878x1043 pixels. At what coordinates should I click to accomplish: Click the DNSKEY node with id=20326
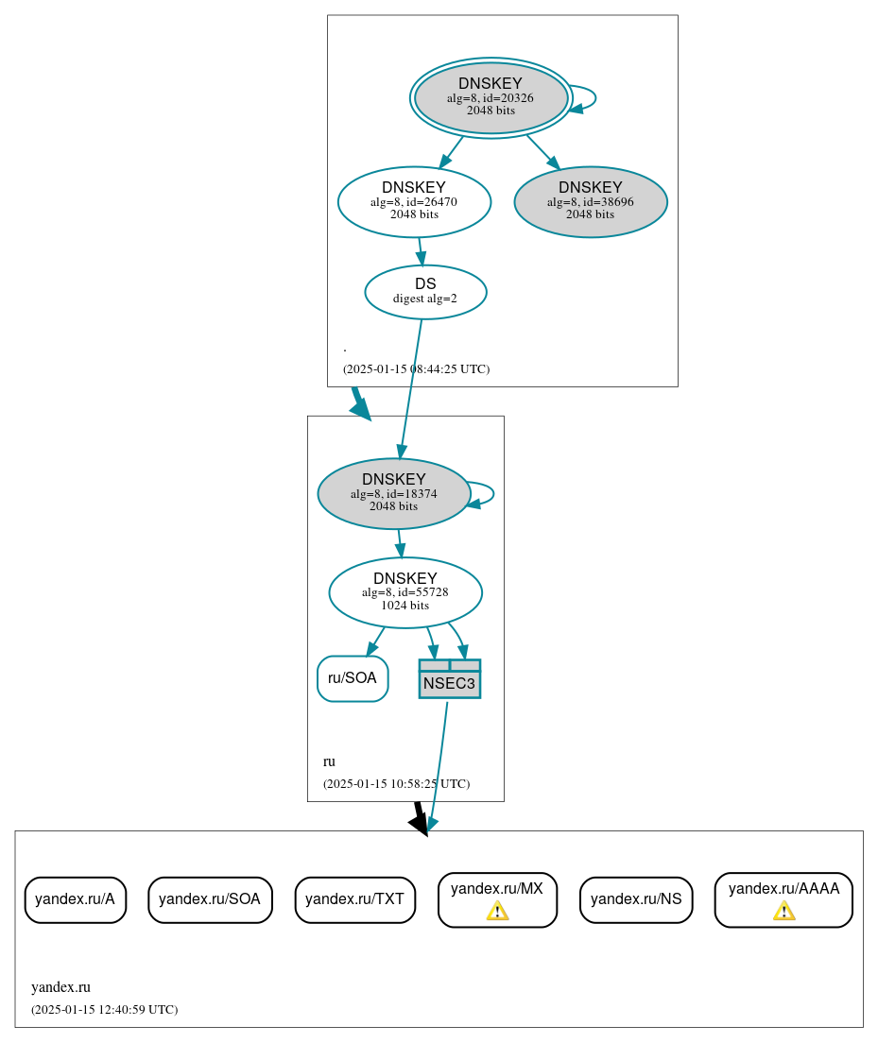point(491,97)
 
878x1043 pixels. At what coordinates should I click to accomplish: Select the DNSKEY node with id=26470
point(414,201)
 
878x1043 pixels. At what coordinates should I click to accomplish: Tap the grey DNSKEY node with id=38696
point(591,201)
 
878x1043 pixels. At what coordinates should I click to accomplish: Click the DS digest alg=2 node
point(425,291)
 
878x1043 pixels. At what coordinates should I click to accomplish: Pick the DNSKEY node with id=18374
point(394,493)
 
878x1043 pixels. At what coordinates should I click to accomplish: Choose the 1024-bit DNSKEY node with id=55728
point(405,592)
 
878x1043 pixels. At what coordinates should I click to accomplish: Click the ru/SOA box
point(353,678)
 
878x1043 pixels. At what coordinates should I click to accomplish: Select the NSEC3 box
point(450,679)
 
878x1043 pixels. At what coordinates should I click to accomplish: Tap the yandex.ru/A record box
point(75,899)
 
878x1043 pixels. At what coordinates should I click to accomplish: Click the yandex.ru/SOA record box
point(210,899)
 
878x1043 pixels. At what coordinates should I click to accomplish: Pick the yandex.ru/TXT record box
point(354,899)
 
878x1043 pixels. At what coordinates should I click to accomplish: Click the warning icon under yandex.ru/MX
point(497,911)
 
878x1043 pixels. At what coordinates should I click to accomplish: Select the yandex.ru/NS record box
point(636,899)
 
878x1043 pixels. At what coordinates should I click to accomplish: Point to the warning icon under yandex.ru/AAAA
point(783,911)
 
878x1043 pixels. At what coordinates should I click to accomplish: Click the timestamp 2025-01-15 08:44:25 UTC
point(416,369)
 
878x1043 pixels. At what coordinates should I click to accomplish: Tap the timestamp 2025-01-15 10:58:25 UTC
point(396,784)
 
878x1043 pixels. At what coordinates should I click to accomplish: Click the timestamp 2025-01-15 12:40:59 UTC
point(104,1010)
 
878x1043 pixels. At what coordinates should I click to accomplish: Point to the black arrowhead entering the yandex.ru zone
point(421,824)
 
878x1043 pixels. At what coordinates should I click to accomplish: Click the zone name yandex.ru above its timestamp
point(60,987)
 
